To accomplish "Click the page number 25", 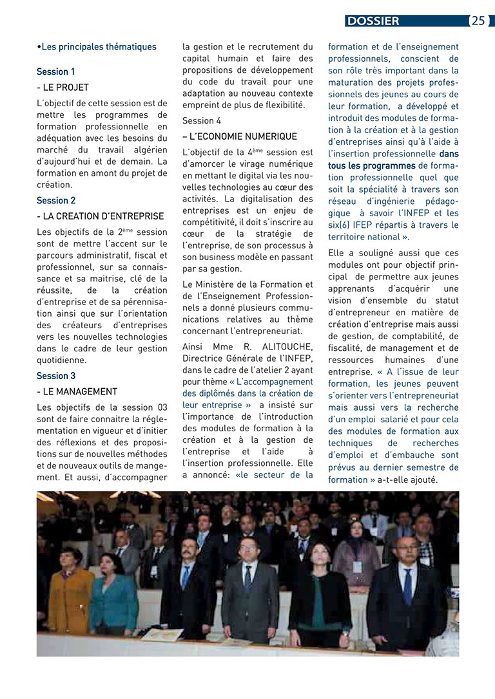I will click(478, 21).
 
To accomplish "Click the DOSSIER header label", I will click(373, 21).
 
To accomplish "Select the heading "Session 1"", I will click(55, 71).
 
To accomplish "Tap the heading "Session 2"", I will click(55, 200).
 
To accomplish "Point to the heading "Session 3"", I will click(55, 375).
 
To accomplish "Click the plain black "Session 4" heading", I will click(201, 120).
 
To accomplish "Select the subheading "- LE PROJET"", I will click(63, 87).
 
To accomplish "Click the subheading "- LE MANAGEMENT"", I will click(77, 391).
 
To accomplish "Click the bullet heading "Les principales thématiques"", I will click(98, 46).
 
